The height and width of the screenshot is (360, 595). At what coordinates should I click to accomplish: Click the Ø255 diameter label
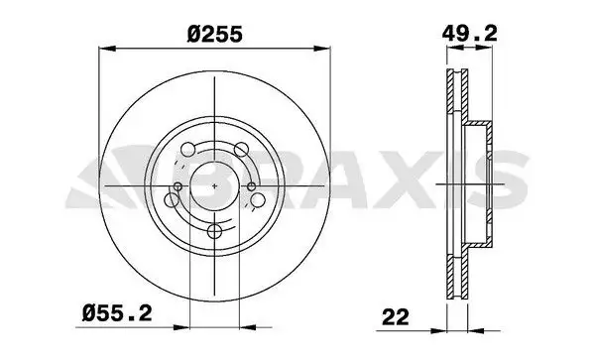click(x=214, y=35)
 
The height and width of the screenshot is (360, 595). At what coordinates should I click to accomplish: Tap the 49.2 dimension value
click(x=469, y=34)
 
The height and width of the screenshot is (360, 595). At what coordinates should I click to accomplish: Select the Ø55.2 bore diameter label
click(x=117, y=313)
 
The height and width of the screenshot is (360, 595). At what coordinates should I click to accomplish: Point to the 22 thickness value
click(x=396, y=317)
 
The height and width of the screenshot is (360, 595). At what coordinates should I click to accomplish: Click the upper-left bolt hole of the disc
click(x=187, y=150)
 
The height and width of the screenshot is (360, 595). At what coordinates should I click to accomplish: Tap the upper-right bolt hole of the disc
click(x=241, y=150)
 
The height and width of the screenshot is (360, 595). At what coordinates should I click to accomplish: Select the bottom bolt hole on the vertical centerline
click(x=215, y=231)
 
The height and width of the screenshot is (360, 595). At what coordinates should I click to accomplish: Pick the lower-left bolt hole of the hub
click(x=172, y=199)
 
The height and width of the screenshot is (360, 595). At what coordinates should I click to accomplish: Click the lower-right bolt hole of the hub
click(x=258, y=199)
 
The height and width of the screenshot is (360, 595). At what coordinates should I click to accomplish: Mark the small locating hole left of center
click(x=178, y=186)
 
